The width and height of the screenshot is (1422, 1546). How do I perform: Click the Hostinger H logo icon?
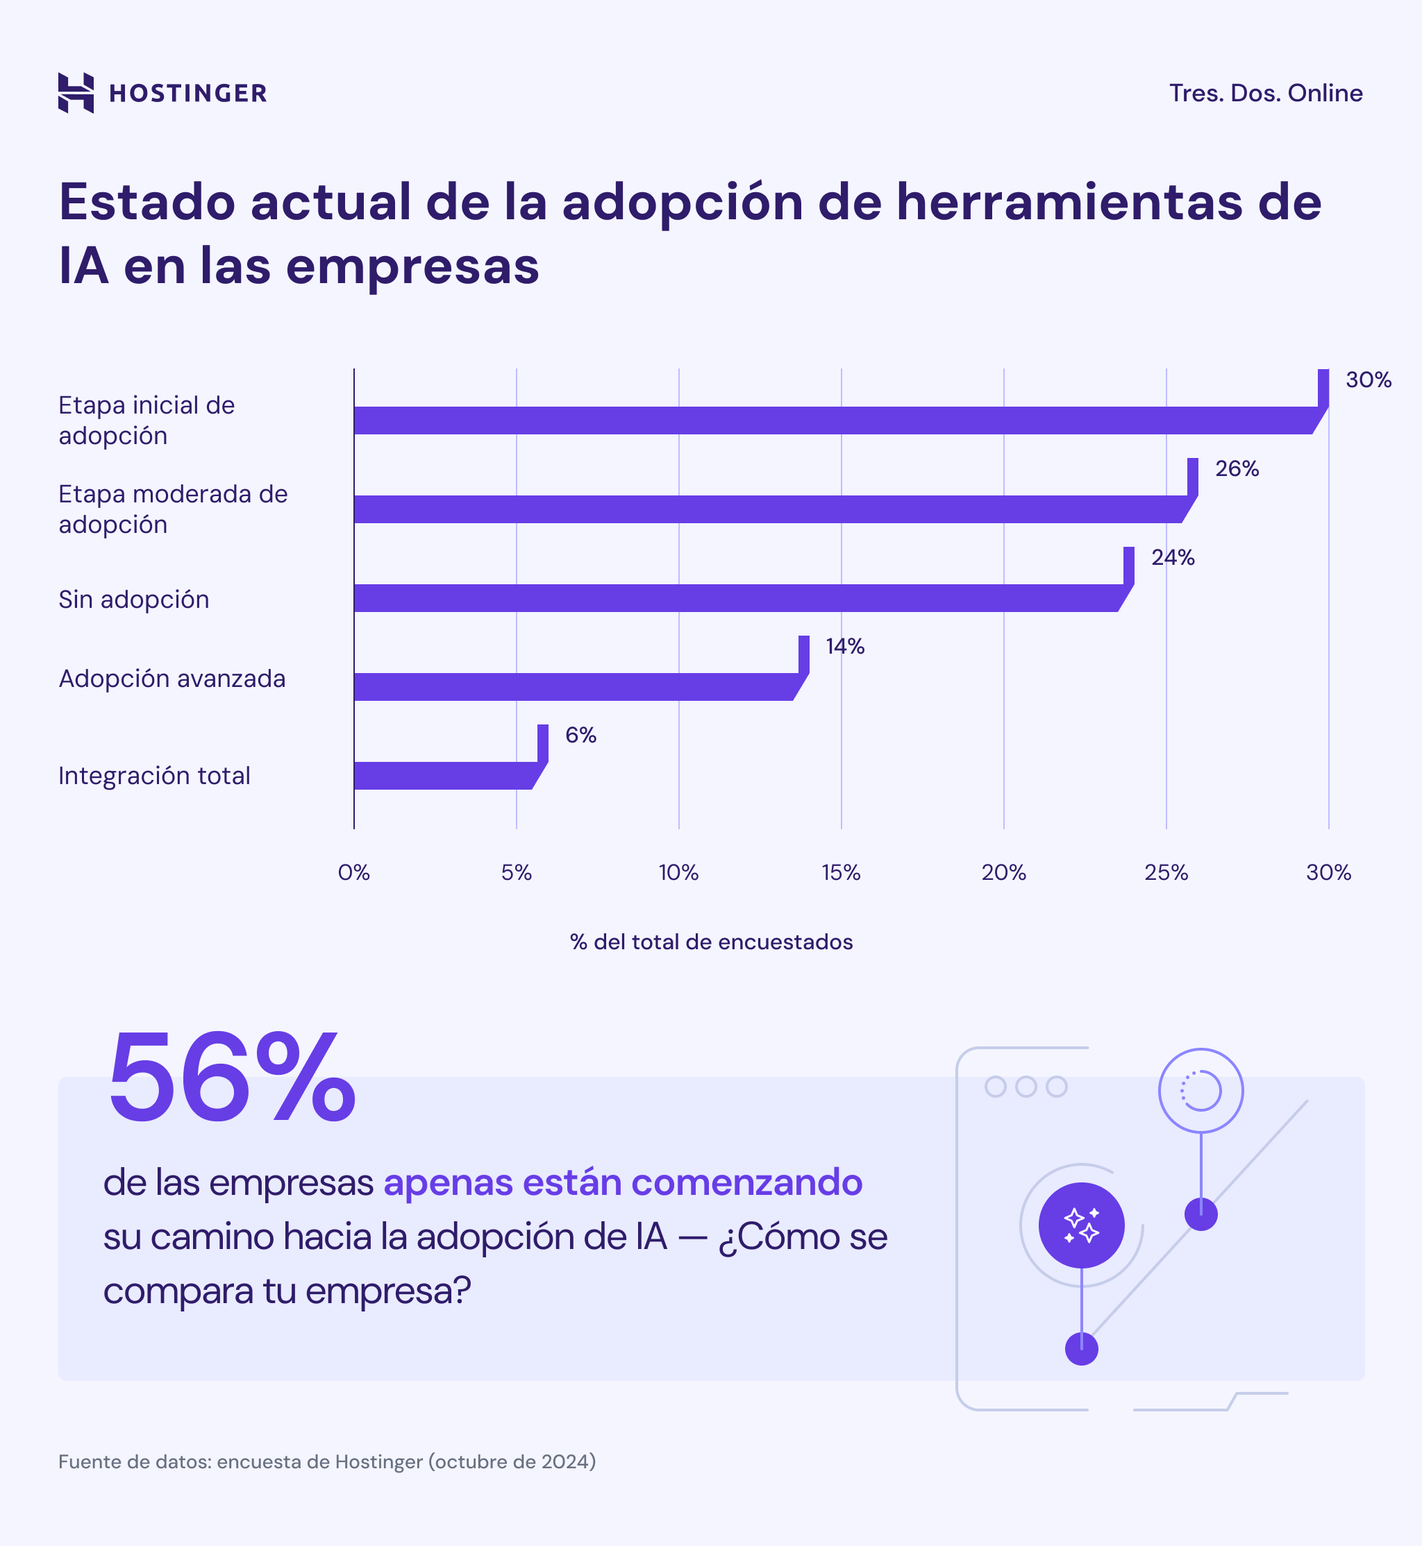[x=76, y=93]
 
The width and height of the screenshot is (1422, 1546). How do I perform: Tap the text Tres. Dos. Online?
[x=1265, y=93]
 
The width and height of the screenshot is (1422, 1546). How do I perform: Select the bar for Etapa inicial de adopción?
[x=831, y=421]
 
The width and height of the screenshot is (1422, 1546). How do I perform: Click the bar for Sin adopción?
[x=735, y=598]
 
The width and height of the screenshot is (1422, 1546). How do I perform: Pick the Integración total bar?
[x=442, y=775]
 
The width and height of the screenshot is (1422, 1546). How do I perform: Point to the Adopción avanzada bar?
[x=574, y=687]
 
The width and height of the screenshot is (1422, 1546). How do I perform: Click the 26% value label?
[x=1237, y=468]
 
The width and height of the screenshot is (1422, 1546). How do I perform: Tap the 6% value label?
[x=580, y=736]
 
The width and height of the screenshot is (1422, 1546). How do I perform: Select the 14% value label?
[x=845, y=646]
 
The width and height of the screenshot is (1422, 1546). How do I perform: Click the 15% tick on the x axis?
[x=840, y=872]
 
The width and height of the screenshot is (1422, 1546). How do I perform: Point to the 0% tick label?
[x=354, y=872]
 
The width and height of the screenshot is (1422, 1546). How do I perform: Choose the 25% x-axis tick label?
[x=1166, y=872]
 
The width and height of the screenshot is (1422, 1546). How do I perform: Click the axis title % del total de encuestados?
[x=711, y=942]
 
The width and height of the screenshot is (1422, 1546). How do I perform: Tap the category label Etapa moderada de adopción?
[x=172, y=509]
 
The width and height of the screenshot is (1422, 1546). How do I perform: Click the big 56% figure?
[x=231, y=1077]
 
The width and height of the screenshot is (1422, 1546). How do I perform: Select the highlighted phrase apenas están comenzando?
[x=623, y=1182]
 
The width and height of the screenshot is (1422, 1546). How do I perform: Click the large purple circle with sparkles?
[x=1081, y=1225]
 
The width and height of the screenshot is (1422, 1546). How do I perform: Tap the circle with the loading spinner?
[x=1201, y=1091]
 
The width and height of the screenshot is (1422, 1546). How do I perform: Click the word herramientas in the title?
[x=1069, y=203]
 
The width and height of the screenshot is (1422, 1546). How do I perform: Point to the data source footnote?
[x=327, y=1461]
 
